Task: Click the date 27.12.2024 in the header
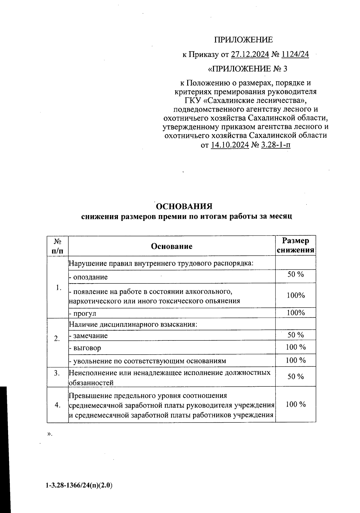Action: click(x=250, y=55)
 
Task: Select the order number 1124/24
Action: click(x=295, y=55)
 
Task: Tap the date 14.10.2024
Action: click(x=230, y=145)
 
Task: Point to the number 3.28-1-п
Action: click(x=276, y=145)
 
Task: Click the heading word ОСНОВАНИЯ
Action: click(x=184, y=207)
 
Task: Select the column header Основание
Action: click(x=172, y=246)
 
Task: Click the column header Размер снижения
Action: click(x=295, y=245)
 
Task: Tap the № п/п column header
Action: click(x=58, y=246)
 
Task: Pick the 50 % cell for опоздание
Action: click(x=295, y=274)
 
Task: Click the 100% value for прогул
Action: click(x=295, y=313)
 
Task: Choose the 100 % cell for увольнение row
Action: click(x=295, y=360)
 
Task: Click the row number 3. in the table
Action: click(x=57, y=373)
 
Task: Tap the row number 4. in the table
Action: click(x=58, y=405)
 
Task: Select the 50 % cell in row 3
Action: click(x=295, y=376)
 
